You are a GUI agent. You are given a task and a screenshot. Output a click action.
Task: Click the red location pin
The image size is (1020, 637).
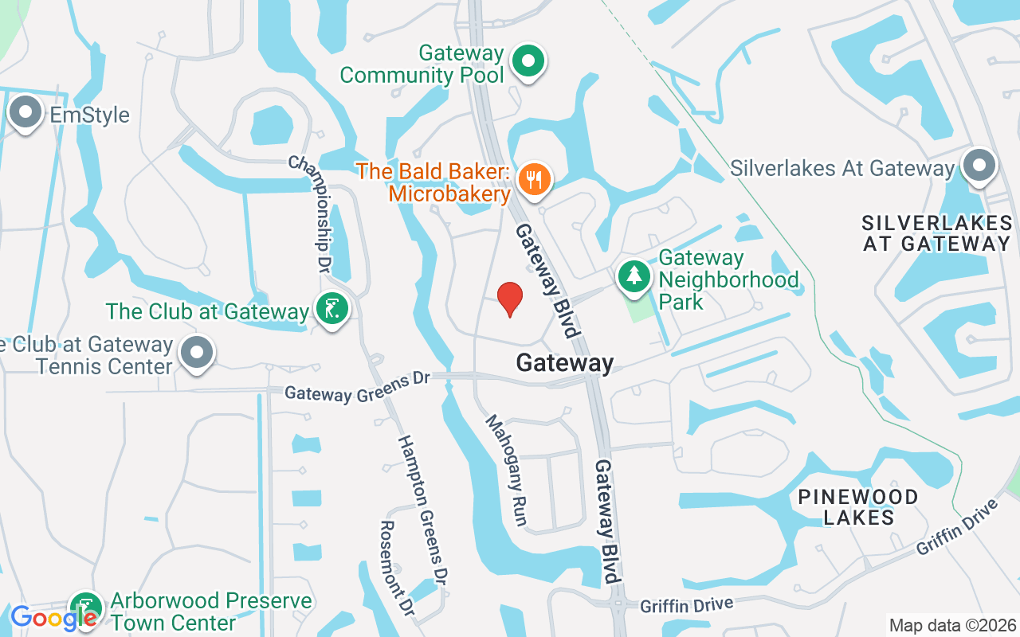509,299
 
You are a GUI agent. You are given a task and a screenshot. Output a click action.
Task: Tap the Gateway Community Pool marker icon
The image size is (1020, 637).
527,61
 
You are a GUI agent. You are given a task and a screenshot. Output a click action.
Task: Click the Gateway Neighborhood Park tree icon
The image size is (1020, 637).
634,276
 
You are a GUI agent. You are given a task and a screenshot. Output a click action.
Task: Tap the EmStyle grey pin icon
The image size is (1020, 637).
25,112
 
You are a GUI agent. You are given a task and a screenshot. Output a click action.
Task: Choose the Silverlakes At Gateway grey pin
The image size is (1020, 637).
979,166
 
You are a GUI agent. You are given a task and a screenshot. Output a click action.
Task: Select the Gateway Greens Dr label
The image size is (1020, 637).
357,389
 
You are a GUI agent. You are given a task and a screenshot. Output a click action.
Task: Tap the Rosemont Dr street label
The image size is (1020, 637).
397,568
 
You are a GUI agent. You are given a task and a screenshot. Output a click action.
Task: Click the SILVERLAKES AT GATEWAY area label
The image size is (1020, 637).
936,233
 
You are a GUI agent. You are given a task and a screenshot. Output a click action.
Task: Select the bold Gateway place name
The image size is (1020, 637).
565,363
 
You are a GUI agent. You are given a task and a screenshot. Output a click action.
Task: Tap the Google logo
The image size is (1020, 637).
53,617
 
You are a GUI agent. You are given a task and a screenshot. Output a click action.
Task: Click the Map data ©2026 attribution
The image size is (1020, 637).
953,625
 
